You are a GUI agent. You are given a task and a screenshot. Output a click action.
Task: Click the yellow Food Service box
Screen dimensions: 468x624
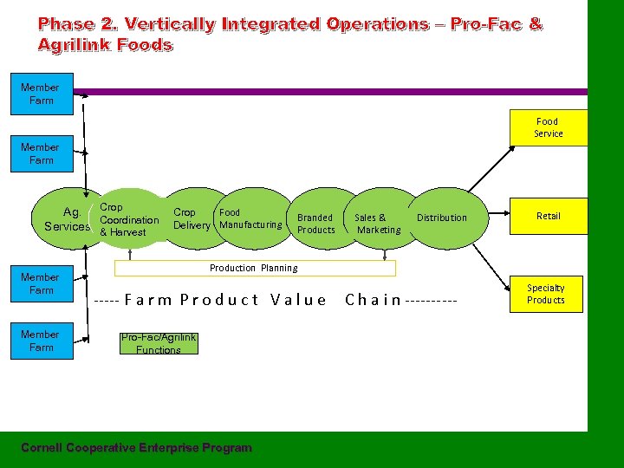click(x=548, y=127)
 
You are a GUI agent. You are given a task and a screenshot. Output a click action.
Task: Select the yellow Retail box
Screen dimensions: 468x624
click(x=548, y=216)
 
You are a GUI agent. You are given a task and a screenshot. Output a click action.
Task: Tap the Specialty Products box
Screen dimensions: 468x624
click(x=546, y=294)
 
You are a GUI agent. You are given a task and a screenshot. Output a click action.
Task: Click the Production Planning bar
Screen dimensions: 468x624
click(x=253, y=268)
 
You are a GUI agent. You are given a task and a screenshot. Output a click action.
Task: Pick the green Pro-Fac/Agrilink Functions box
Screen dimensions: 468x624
click(x=159, y=343)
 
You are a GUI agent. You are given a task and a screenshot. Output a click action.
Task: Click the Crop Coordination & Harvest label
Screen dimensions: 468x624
click(x=129, y=220)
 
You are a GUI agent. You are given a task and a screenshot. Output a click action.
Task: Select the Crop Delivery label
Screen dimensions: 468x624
click(x=191, y=218)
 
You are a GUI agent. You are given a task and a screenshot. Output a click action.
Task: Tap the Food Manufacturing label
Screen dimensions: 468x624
click(x=250, y=218)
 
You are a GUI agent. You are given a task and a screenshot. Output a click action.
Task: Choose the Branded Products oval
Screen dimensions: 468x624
click(x=315, y=224)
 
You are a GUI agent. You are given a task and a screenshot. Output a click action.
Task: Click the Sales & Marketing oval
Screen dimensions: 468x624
click(x=378, y=224)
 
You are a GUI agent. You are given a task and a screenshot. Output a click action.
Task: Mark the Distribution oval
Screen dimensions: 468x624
click(x=441, y=218)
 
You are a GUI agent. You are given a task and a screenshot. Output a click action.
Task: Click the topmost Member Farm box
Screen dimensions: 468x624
click(x=41, y=94)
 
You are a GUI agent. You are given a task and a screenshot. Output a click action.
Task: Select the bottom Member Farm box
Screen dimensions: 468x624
click(x=41, y=341)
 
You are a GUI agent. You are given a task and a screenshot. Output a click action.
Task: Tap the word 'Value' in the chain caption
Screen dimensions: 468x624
click(x=298, y=301)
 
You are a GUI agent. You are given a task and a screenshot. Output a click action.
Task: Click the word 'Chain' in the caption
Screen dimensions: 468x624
click(x=373, y=301)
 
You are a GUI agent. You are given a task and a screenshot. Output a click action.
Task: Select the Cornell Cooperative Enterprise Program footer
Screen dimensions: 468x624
click(x=136, y=448)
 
